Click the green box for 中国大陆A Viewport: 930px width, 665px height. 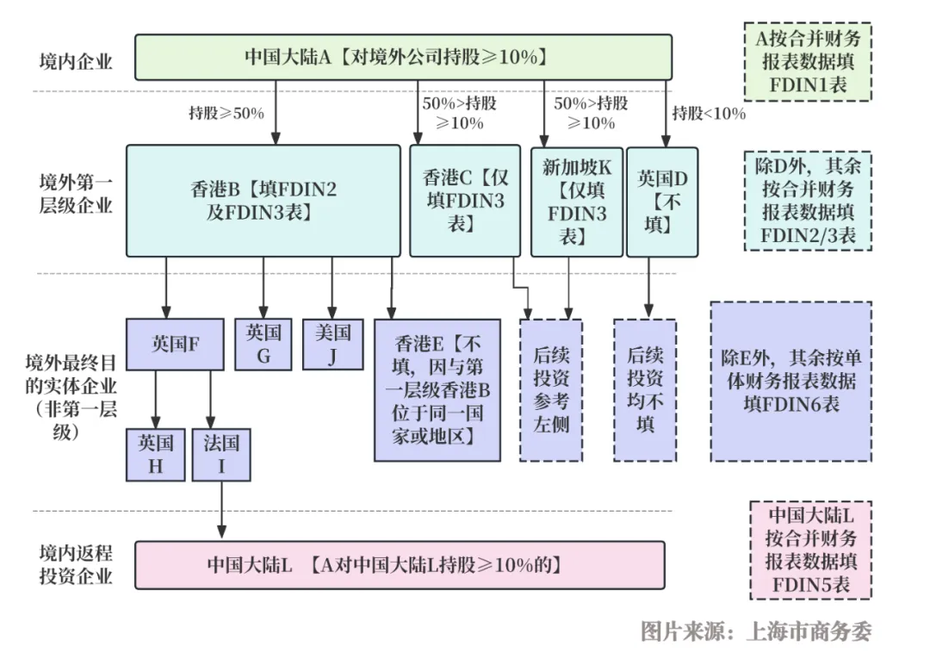pyautogui.click(x=403, y=57)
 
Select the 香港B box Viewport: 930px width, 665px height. pyautogui.click(x=263, y=201)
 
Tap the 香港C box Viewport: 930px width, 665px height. pyautogui.click(x=465, y=201)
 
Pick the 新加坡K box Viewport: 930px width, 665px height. pyautogui.click(x=576, y=202)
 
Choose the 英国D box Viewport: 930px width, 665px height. pyautogui.click(x=662, y=202)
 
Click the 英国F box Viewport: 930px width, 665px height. pyautogui.click(x=175, y=344)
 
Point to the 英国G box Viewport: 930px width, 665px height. pyautogui.click(x=263, y=344)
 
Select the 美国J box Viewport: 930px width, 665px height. pyautogui.click(x=332, y=344)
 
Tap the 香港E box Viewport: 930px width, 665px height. pyautogui.click(x=437, y=389)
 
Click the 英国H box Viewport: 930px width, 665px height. pyautogui.click(x=155, y=455)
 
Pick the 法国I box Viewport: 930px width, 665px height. pyautogui.click(x=221, y=455)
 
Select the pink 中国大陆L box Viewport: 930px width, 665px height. pyautogui.click(x=400, y=565)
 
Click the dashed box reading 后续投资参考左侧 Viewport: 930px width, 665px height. pyautogui.click(x=551, y=389)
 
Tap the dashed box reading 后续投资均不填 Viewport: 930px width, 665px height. pyautogui.click(x=645, y=389)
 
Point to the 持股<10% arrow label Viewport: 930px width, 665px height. pyautogui.click(x=709, y=114)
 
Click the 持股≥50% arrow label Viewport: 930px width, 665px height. pyautogui.click(x=226, y=114)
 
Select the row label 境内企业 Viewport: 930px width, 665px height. pyautogui.click(x=75, y=61)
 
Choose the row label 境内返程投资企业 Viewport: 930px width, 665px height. pyautogui.click(x=75, y=565)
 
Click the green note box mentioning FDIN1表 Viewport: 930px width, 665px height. pyautogui.click(x=808, y=62)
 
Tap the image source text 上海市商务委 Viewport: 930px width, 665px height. pyautogui.click(x=809, y=631)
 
